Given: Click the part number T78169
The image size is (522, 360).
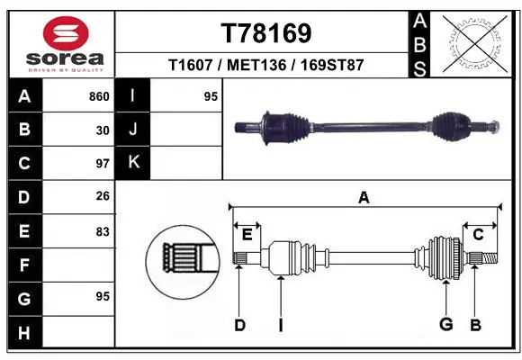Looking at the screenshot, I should coord(265,33).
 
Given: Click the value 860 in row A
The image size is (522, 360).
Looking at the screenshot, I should coord(99,96).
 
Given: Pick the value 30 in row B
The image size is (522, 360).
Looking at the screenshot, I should coord(103,130).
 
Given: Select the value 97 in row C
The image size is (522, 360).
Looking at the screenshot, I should coord(103,164).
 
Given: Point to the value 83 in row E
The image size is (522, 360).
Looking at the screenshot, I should coord(103,231).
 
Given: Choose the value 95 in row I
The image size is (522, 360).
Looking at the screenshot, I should coord(211,96).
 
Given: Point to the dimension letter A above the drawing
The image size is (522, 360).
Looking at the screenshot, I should coord(364,198).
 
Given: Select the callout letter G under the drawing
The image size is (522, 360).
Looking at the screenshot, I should coord(445,325).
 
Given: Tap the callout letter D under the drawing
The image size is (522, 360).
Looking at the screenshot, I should coord(239,325).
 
